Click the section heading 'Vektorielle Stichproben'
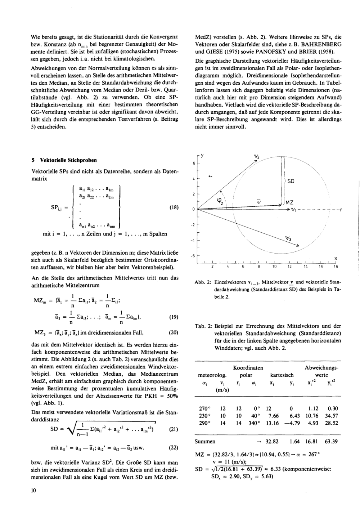67,160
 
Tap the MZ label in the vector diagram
289,203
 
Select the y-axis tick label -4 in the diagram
193,240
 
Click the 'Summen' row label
205,441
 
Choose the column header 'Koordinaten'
248,368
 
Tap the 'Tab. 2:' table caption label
202,326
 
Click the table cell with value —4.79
292,423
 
